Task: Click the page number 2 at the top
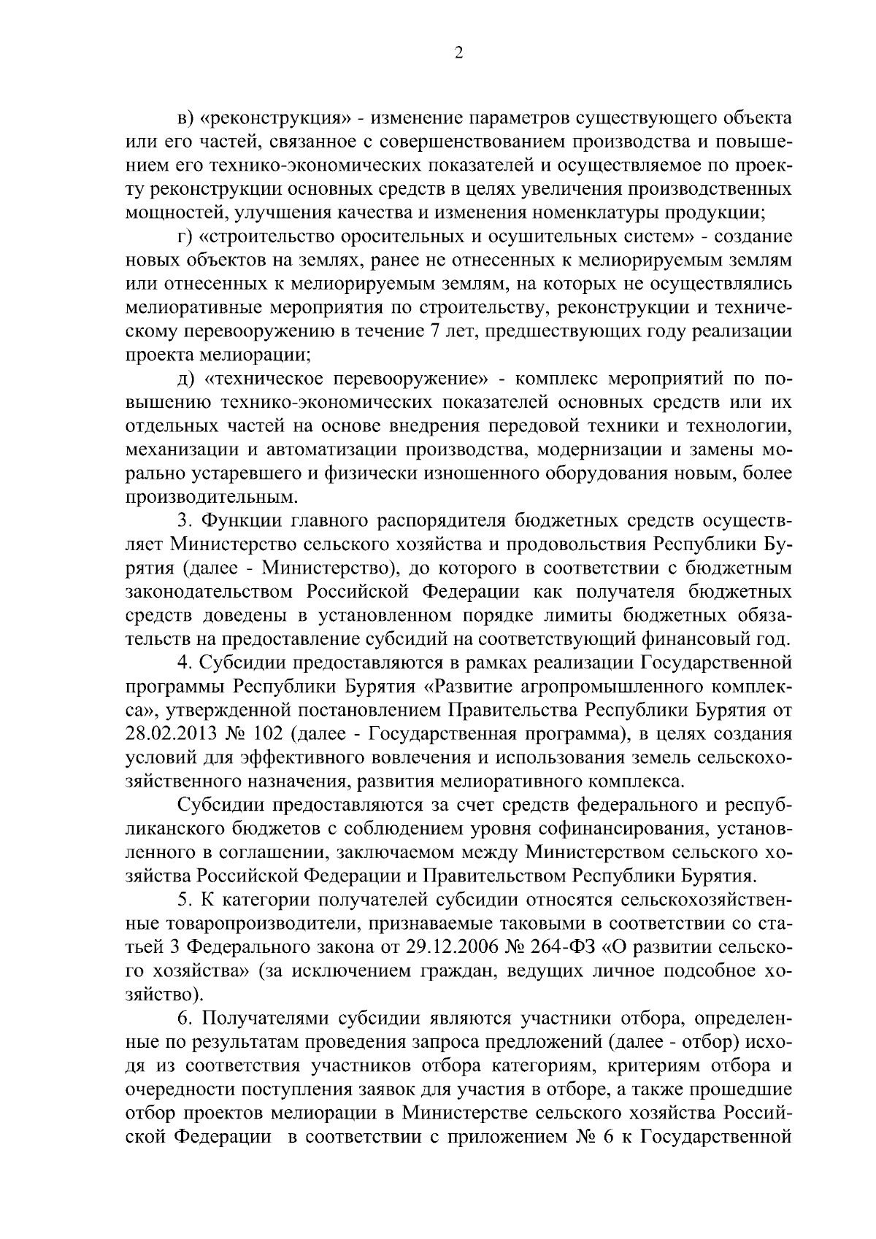[458, 52]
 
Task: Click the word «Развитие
[476, 687]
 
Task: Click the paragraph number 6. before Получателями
[185, 1019]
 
